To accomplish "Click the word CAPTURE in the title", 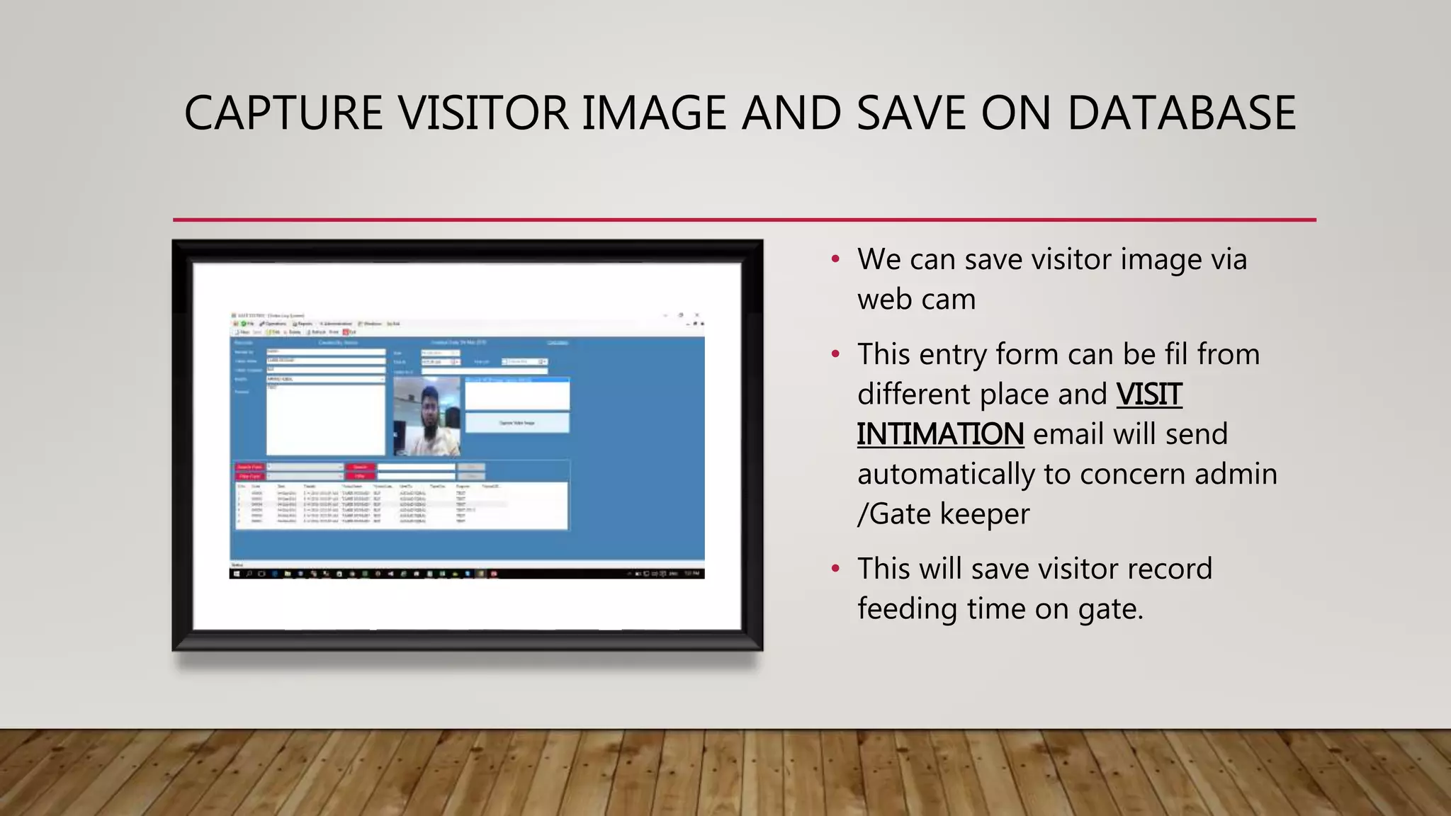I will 283,113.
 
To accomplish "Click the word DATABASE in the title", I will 1181,113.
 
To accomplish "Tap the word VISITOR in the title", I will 483,113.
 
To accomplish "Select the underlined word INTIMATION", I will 939,434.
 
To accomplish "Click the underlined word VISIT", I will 1148,395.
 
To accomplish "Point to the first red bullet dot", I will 835,260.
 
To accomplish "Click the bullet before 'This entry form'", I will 835,354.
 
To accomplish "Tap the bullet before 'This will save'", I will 835,569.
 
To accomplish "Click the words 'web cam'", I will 916,300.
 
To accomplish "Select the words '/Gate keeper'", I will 943,514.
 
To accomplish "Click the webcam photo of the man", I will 427,416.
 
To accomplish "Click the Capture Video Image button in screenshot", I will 517,423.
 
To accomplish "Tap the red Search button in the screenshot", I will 360,467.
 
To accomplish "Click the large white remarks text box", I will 325,419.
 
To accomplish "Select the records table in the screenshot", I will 401,505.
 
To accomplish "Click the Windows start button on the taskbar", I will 237,574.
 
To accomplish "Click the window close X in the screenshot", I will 697,315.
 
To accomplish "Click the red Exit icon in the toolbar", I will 346,331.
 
